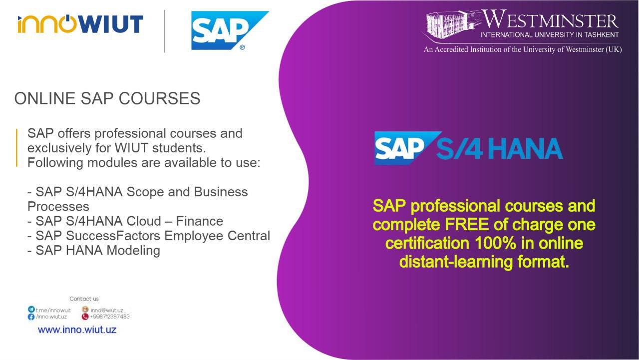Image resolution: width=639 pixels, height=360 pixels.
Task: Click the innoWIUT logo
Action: (80, 24)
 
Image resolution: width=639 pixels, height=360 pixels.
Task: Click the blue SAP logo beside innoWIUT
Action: (230, 30)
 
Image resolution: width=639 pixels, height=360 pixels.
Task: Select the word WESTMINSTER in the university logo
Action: (551, 19)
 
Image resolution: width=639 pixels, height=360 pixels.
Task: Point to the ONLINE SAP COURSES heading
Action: (107, 98)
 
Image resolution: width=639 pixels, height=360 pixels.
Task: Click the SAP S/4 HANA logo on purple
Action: (468, 148)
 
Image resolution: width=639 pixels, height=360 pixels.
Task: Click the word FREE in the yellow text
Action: (467, 224)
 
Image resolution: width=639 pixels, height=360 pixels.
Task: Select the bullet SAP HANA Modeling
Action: (94, 251)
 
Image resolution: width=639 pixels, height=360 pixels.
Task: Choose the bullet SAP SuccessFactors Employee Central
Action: (149, 236)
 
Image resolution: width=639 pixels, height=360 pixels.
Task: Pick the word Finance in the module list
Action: (199, 221)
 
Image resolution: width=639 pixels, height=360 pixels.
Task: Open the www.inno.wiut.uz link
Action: (77, 330)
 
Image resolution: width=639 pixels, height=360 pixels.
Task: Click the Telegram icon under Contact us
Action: (31, 310)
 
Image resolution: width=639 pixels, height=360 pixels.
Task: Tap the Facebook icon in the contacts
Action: (31, 317)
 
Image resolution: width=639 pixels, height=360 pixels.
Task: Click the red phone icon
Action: (85, 317)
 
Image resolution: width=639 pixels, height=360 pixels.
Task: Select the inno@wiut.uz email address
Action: (107, 310)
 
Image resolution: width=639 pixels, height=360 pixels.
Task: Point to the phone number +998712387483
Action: (110, 317)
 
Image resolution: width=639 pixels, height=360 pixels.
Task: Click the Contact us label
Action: (84, 299)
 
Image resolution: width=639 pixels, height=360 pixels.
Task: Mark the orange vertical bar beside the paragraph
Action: (17, 148)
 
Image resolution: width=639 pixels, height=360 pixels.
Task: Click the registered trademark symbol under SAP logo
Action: (242, 47)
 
